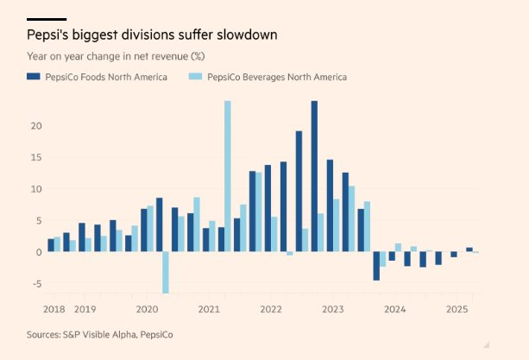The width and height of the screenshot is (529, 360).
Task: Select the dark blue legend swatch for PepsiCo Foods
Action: pyautogui.click(x=34, y=77)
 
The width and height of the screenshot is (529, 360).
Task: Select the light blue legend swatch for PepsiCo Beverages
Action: pyautogui.click(x=194, y=77)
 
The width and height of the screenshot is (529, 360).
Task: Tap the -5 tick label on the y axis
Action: pyautogui.click(x=36, y=283)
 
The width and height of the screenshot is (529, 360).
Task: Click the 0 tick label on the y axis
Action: pyautogui.click(x=38, y=252)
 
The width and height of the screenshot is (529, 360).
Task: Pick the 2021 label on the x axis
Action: pyautogui.click(x=209, y=308)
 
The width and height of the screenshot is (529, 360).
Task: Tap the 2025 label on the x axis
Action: pyautogui.click(x=457, y=308)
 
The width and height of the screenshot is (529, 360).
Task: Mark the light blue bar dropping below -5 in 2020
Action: pyautogui.click(x=166, y=272)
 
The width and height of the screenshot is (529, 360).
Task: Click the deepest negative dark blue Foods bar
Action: pyautogui.click(x=376, y=266)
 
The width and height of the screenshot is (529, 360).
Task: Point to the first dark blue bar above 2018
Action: pyautogui.click(x=51, y=245)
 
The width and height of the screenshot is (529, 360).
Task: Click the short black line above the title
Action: pyautogui.click(x=47, y=19)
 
